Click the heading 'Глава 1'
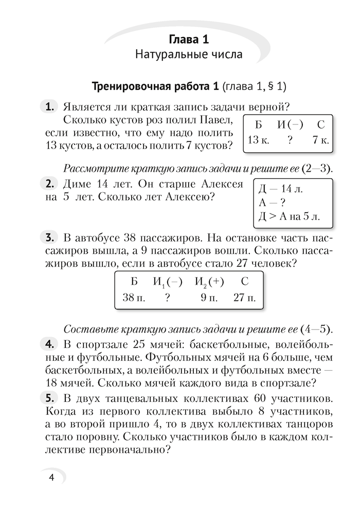[188, 39]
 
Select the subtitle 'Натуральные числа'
[188, 54]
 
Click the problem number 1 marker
[50, 107]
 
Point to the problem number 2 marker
[50, 184]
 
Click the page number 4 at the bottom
[51, 477]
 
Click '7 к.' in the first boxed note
[320, 139]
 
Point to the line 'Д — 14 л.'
[278, 189]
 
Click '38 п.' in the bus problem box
[134, 297]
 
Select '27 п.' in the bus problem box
[244, 297]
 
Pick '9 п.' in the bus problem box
[208, 297]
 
